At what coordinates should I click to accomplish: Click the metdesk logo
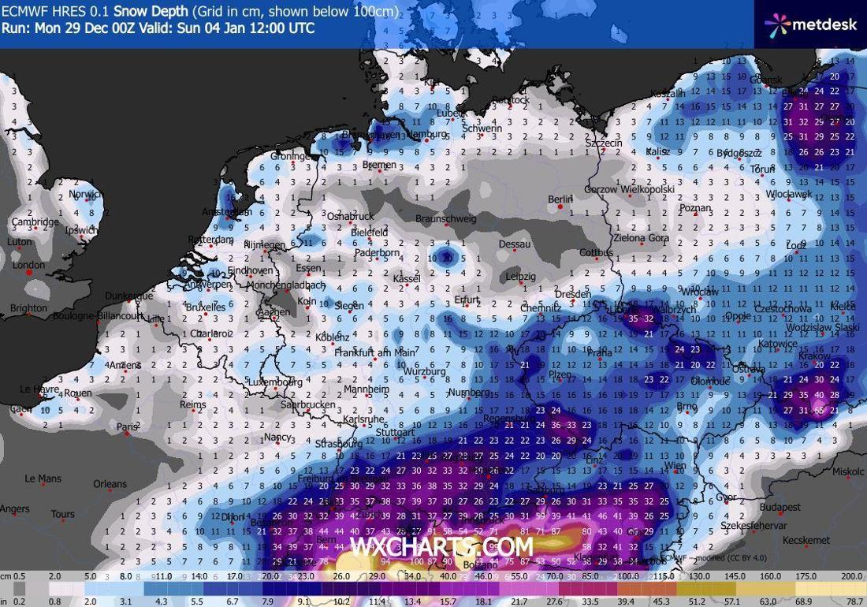click(x=811, y=24)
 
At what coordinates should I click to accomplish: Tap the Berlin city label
click(x=560, y=199)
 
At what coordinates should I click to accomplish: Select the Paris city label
click(x=126, y=427)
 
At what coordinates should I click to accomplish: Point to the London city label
click(x=29, y=266)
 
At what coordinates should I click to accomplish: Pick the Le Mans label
click(x=43, y=479)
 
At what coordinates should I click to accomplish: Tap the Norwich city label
click(x=85, y=195)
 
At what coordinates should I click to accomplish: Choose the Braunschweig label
click(x=446, y=219)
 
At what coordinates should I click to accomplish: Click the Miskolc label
click(x=848, y=471)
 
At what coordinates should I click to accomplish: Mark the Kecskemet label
click(x=806, y=541)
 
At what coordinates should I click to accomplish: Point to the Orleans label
click(x=110, y=484)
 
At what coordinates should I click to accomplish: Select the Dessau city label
click(x=515, y=244)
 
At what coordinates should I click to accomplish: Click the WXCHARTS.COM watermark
click(x=441, y=546)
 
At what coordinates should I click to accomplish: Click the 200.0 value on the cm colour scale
click(x=850, y=577)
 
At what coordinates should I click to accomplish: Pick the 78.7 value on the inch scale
click(x=854, y=601)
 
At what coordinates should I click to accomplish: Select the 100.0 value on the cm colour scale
click(x=628, y=577)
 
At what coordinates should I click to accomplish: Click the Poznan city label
click(x=695, y=209)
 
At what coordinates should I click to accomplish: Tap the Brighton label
click(x=28, y=308)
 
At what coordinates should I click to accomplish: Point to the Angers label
click(x=15, y=509)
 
